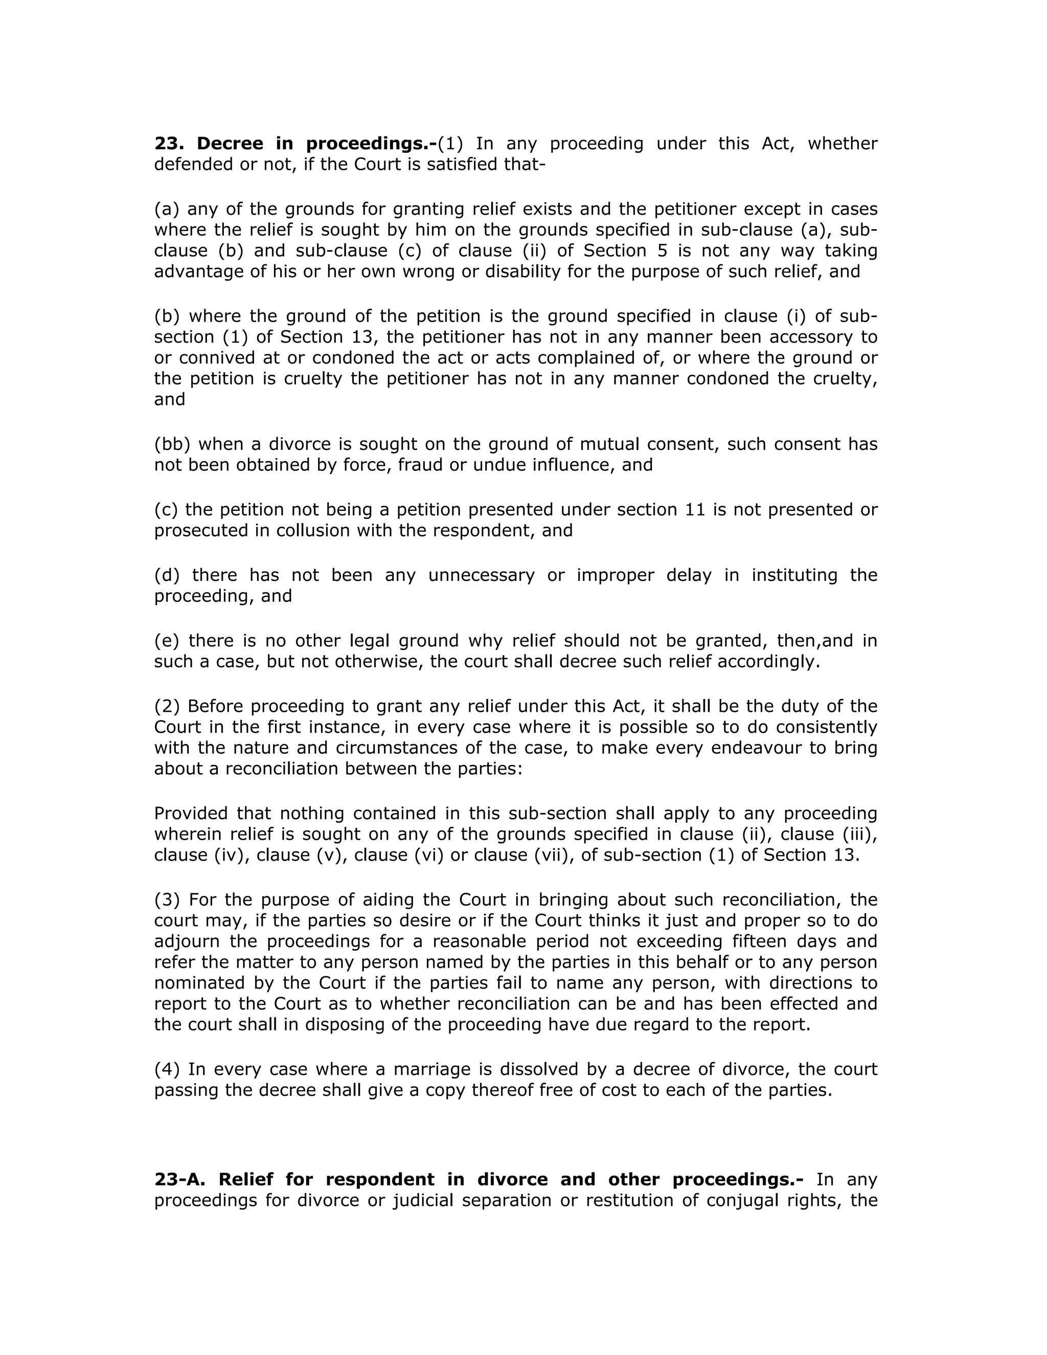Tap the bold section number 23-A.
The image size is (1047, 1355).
(180, 1179)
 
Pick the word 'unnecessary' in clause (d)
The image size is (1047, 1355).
(481, 575)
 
